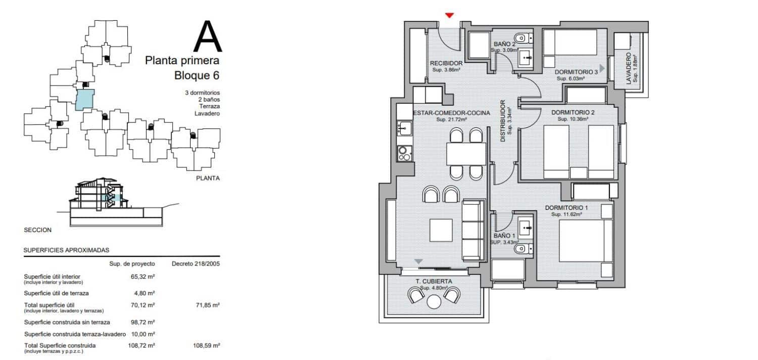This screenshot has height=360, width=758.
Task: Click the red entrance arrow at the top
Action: click(449, 16)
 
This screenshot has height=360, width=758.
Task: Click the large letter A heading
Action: click(208, 37)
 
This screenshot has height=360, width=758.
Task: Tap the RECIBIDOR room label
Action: click(446, 63)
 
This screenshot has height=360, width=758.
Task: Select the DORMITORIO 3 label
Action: click(577, 72)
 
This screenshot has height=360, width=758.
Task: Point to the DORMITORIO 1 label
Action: click(566, 208)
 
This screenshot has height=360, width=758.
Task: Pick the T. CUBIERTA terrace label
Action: click(434, 281)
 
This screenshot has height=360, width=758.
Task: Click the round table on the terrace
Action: click(434, 302)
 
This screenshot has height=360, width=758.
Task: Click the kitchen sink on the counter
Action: click(404, 128)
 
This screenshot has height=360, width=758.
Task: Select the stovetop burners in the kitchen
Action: click(404, 153)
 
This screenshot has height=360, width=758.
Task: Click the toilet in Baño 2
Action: click(522, 38)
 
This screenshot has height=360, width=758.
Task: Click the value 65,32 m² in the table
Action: click(143, 277)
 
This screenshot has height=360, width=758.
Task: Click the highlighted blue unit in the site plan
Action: click(84, 100)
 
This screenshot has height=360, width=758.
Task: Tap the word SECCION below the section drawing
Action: click(38, 230)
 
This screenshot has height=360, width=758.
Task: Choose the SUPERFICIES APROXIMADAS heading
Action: click(66, 250)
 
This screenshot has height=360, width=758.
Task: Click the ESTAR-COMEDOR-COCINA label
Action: click(451, 113)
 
